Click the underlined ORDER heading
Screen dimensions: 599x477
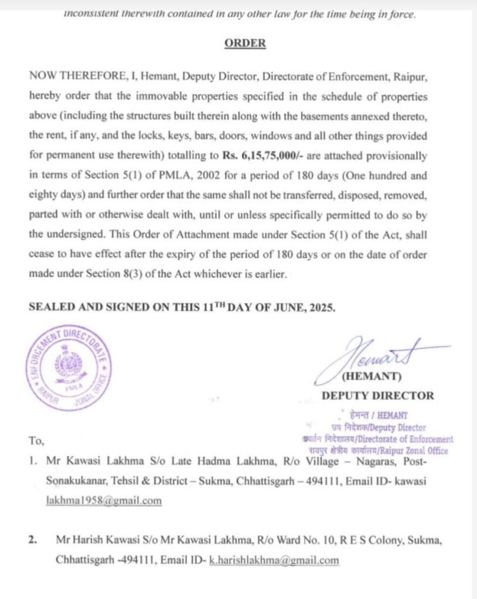pyautogui.click(x=244, y=43)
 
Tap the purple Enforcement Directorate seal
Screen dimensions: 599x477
pyautogui.click(x=68, y=369)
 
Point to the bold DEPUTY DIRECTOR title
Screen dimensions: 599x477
pyautogui.click(x=377, y=395)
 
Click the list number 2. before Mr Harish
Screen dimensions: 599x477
pyautogui.click(x=33, y=541)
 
